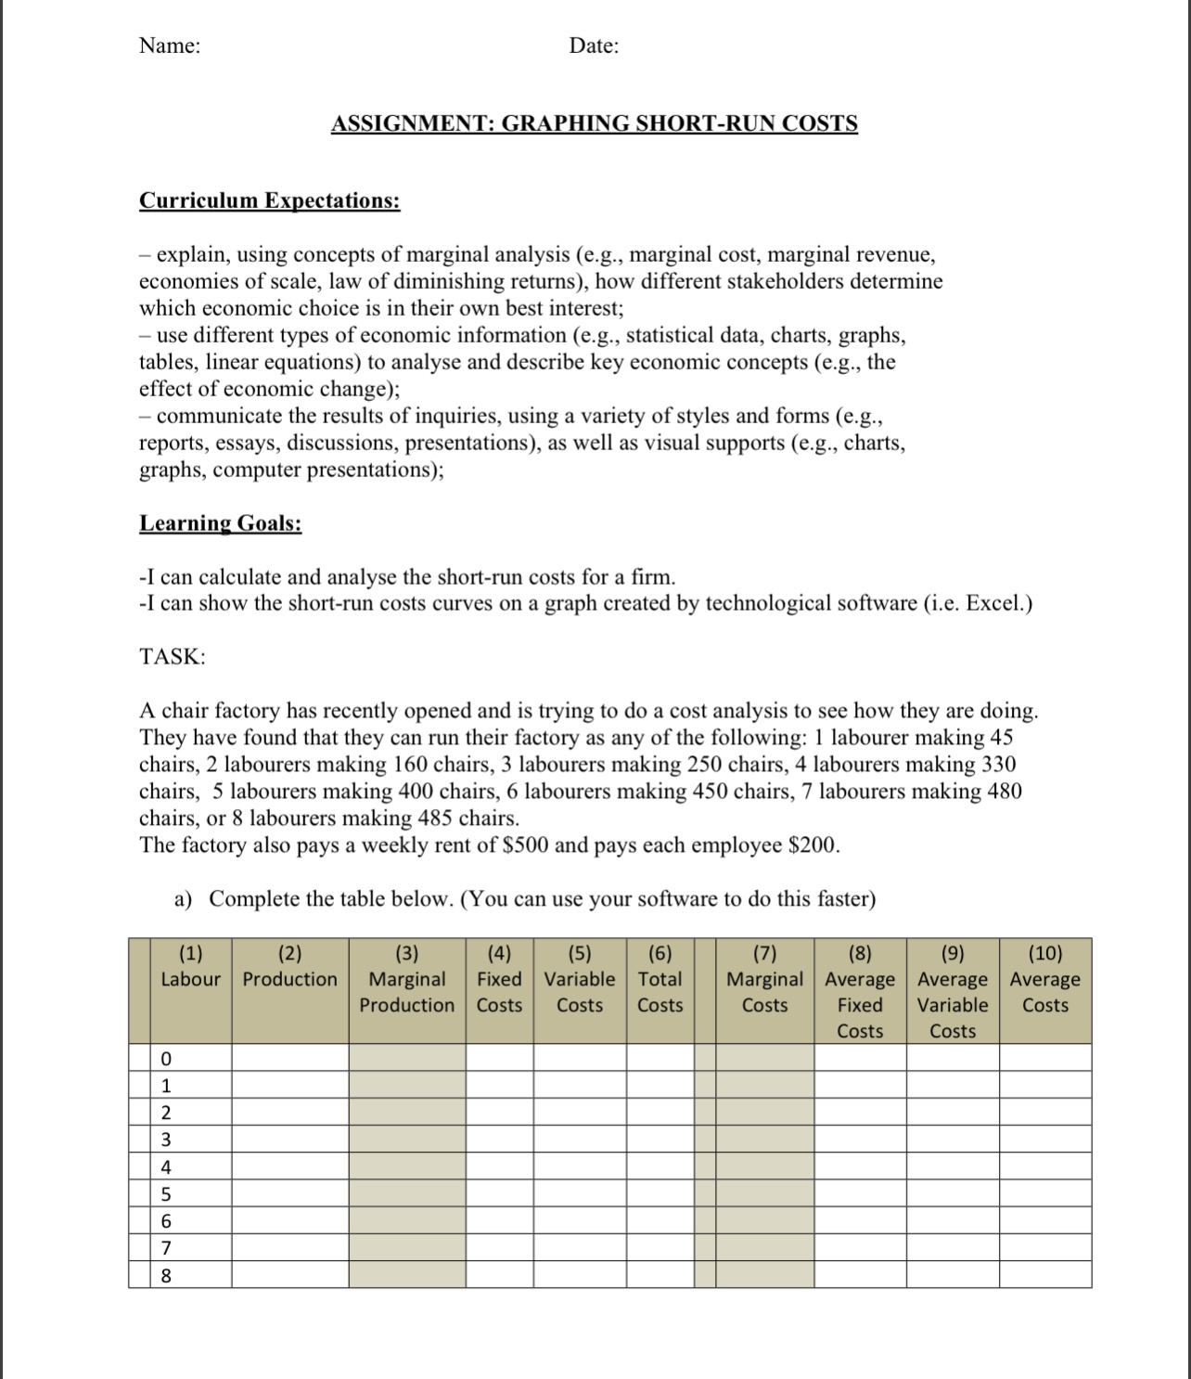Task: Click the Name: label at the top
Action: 169,45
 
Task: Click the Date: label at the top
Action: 594,45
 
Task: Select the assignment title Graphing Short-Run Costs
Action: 594,123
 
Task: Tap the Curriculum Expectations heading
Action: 269,201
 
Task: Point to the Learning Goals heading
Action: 220,523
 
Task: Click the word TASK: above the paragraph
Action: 173,657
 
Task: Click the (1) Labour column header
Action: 190,967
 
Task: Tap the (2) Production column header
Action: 289,967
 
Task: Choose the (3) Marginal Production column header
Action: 407,979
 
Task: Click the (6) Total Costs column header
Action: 660,979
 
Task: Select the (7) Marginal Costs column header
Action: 764,979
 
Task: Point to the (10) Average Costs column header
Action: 1044,979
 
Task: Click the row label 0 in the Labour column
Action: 166,1059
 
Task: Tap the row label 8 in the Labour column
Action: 166,1275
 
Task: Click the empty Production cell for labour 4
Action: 289,1166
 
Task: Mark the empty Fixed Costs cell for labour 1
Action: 499,1086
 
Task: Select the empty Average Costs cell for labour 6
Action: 1044,1220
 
